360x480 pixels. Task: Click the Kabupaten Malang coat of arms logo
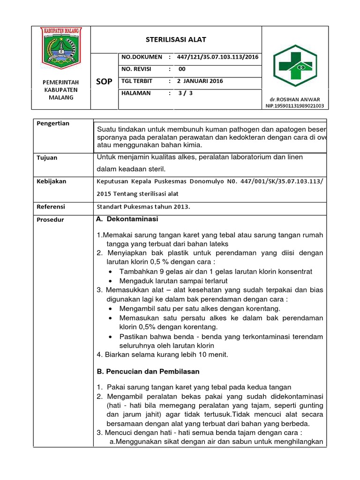62,47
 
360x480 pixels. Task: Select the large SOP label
104,82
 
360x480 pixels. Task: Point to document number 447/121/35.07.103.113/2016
217,57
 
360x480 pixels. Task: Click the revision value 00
182,69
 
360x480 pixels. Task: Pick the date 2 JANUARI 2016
200,81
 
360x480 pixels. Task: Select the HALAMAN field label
136,93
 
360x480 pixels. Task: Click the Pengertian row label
52,123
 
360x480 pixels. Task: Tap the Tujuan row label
47,158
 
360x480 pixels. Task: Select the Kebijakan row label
51,181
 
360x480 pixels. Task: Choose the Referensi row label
51,206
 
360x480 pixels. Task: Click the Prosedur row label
50,220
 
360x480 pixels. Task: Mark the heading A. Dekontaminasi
127,219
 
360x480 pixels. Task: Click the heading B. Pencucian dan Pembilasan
148,371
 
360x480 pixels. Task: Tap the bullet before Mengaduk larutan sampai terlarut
110,281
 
